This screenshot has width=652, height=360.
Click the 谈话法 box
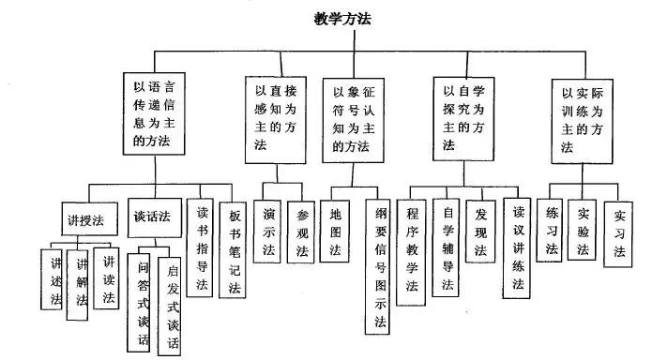[x=152, y=216]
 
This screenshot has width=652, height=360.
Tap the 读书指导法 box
[x=200, y=247]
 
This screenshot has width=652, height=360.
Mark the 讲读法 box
[x=110, y=278]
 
